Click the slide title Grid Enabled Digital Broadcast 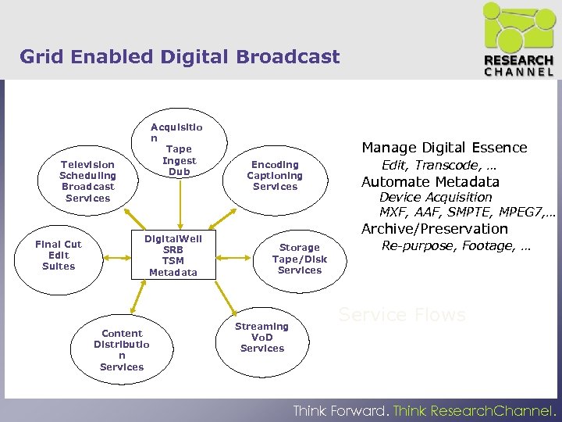tap(180, 57)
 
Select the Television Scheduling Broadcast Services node tap(87, 181)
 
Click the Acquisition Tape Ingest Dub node tap(178, 149)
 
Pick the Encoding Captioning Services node tap(275, 176)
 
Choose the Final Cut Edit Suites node tap(59, 256)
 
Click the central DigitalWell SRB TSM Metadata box tap(173, 256)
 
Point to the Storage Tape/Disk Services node tap(299, 259)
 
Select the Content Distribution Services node tap(122, 350)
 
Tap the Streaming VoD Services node tap(262, 338)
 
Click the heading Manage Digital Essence tap(443, 148)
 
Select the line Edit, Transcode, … tap(439, 166)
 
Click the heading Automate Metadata tap(429, 182)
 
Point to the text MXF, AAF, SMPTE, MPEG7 tap(466, 212)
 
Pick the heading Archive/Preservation tap(434, 229)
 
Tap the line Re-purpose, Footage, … tap(456, 246)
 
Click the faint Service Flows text tap(401, 316)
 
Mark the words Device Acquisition tap(436, 197)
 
